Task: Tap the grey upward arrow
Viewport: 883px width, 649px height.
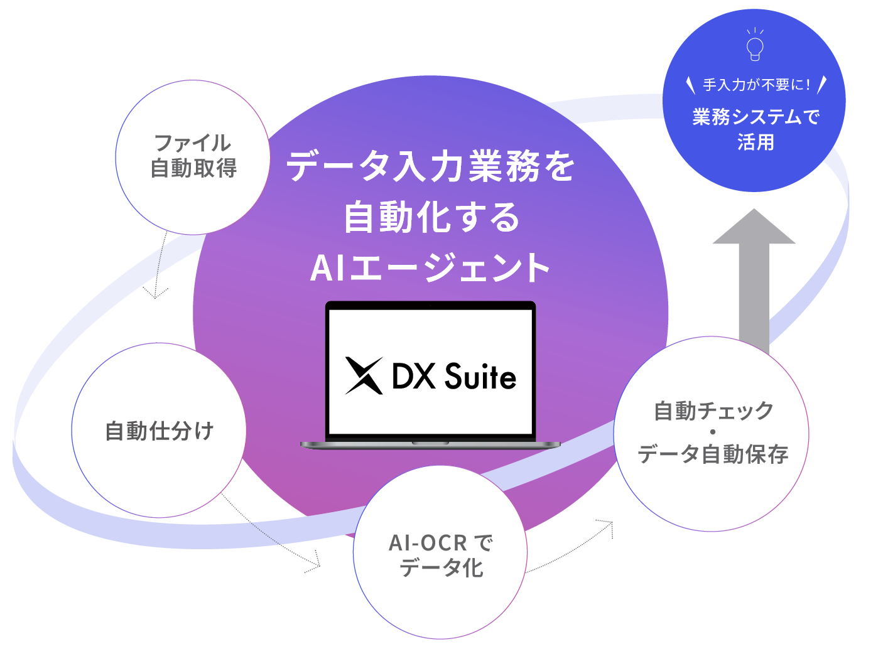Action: (x=754, y=276)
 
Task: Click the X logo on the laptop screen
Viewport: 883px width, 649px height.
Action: (x=364, y=376)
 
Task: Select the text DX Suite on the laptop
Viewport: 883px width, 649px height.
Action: (x=454, y=377)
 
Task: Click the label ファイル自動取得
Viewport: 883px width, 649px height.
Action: (x=193, y=156)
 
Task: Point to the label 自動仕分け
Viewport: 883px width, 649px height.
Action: (x=160, y=431)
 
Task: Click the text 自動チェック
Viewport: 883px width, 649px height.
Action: (x=713, y=411)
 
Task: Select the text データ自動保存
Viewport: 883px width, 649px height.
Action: (x=713, y=454)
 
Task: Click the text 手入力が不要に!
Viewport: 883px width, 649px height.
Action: (x=756, y=85)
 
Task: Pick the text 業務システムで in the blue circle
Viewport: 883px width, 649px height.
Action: (x=756, y=117)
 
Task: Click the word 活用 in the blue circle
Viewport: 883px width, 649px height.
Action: (x=756, y=142)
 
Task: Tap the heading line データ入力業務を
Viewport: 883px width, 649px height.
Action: (x=431, y=167)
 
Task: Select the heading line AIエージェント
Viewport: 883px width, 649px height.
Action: (x=431, y=268)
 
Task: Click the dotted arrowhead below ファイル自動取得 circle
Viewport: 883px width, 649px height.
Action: (x=155, y=292)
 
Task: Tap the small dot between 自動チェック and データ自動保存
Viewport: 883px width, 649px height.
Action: (x=713, y=432)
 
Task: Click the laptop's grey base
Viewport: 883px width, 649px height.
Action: (x=430, y=444)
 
